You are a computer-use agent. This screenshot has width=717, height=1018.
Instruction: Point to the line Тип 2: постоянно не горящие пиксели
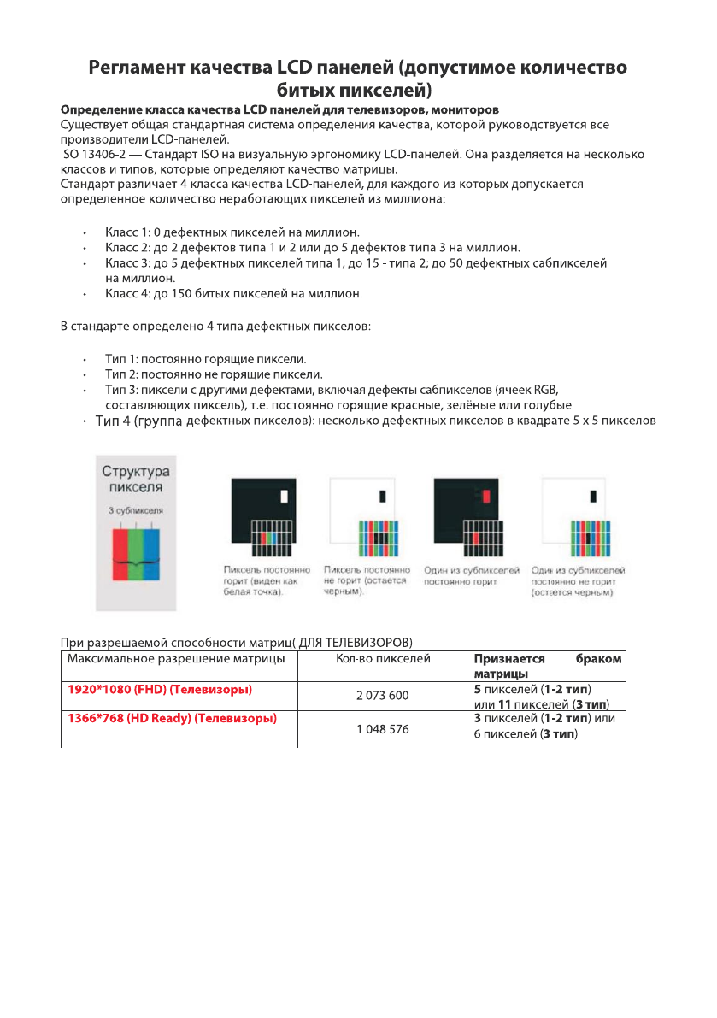[214, 374]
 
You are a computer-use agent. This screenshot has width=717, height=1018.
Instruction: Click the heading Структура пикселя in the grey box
[135, 479]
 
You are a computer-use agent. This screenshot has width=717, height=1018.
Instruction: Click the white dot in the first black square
[285, 496]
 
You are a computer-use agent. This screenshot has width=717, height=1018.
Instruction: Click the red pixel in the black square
[486, 496]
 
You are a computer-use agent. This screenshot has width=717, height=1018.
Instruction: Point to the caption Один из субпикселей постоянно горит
[472, 575]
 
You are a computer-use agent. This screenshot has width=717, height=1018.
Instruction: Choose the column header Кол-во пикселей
[382, 659]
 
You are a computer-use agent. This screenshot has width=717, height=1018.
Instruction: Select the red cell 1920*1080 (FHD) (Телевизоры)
[159, 688]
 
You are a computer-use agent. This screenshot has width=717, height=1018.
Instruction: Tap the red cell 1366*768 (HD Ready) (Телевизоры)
[172, 719]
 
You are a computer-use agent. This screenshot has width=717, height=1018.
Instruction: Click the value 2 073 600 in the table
[382, 696]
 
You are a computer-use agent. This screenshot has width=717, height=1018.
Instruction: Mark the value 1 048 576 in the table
[382, 729]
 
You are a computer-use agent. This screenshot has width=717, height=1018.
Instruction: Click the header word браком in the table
[599, 659]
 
